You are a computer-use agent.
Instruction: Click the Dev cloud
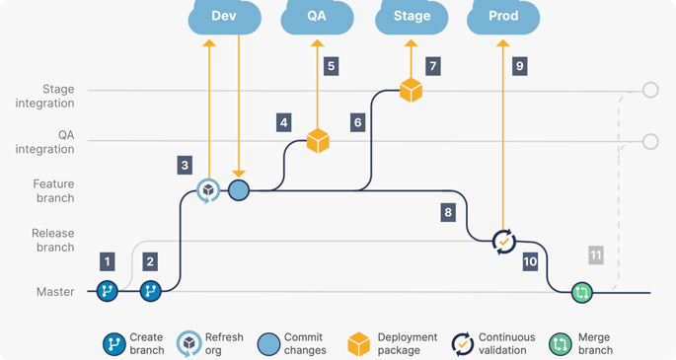coord(224,17)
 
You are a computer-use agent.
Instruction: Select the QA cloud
coord(317,17)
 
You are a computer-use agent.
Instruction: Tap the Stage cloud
coord(412,17)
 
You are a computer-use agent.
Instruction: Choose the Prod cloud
coord(503,17)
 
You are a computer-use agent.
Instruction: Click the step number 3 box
coord(185,166)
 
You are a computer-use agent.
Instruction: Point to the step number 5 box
coord(332,66)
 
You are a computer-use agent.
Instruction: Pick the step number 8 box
coord(448,212)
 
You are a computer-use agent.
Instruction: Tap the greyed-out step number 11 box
coord(596,255)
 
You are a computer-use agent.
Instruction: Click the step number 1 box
coord(108,261)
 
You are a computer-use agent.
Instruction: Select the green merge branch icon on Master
coord(581,293)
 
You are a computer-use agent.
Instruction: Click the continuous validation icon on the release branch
coord(503,242)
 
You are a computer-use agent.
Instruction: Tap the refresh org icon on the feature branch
coord(208,190)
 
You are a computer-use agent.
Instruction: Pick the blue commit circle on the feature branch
coord(239,190)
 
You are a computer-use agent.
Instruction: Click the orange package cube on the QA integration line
coord(318,141)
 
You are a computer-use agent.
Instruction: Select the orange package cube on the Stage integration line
coord(411,90)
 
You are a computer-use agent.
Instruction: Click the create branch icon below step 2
coord(150,291)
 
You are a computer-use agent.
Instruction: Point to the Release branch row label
coord(52,241)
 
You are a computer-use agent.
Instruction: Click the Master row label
coord(55,292)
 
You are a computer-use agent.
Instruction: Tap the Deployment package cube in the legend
coord(358,344)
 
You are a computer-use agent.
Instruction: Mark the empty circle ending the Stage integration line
coord(650,90)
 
